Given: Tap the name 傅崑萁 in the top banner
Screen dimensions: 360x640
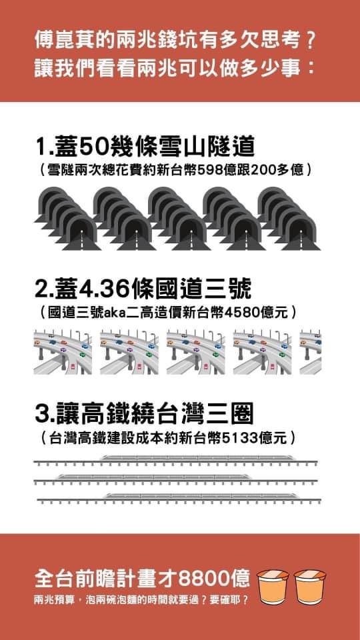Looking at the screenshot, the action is (x=61, y=43).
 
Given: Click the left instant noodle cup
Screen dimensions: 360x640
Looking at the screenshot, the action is (x=273, y=586).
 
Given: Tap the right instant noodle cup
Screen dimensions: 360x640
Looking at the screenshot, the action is (x=310, y=586).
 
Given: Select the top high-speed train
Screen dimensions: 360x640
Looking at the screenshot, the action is (x=198, y=458).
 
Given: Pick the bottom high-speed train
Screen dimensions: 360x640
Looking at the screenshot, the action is (x=201, y=496).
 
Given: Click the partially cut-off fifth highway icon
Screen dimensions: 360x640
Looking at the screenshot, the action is (x=311, y=351).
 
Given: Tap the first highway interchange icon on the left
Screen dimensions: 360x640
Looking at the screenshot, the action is (x=63, y=351).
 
